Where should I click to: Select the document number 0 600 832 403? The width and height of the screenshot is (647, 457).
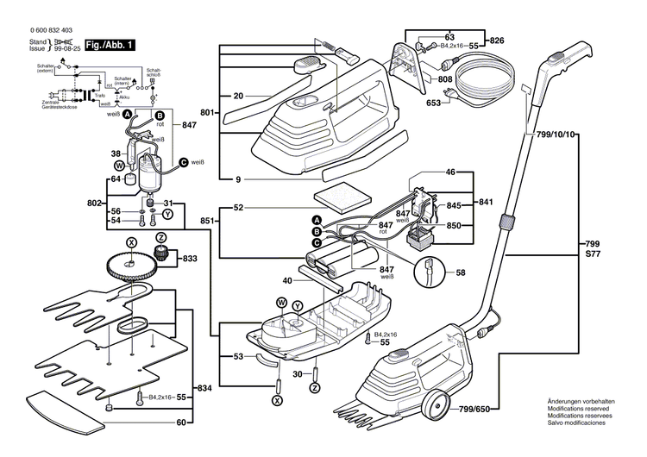39,30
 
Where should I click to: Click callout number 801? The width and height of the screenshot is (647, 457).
206,113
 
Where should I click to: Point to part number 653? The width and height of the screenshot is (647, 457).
433,103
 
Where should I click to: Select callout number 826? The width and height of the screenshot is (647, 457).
497,41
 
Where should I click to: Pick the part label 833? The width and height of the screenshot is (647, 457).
189,258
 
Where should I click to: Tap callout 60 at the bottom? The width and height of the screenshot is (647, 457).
181,423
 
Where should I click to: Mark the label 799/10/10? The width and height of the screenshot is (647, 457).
556,135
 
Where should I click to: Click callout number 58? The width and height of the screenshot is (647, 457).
461,272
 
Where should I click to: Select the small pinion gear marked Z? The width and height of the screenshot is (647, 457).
160,253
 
